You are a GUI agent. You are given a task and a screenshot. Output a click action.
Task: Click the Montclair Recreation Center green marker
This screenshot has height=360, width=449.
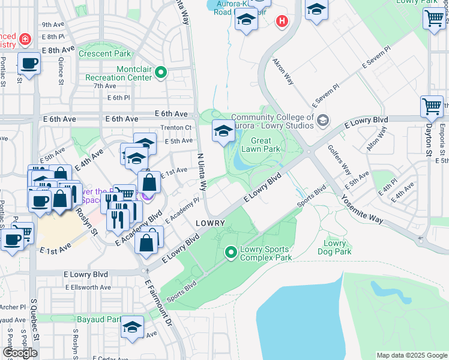pyautogui.click(x=161, y=73)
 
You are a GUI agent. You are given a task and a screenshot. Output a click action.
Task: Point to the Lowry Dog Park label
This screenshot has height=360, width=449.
pyautogui.click(x=334, y=247)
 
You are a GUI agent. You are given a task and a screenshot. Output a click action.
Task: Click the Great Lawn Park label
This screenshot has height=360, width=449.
pyautogui.click(x=261, y=144)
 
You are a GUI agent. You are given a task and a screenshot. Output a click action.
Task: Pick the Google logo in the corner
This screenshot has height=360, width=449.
pyautogui.click(x=20, y=353)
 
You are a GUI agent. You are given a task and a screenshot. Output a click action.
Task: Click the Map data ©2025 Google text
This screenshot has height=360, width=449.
pyautogui.click(x=411, y=355)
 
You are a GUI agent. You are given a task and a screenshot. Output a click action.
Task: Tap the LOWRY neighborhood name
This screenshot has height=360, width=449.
pyautogui.click(x=210, y=223)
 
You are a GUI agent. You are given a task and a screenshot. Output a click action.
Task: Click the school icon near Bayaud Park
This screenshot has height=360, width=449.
pyautogui.click(x=133, y=327)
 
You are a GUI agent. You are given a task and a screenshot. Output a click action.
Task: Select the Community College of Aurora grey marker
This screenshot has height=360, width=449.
pyautogui.click(x=323, y=121)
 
